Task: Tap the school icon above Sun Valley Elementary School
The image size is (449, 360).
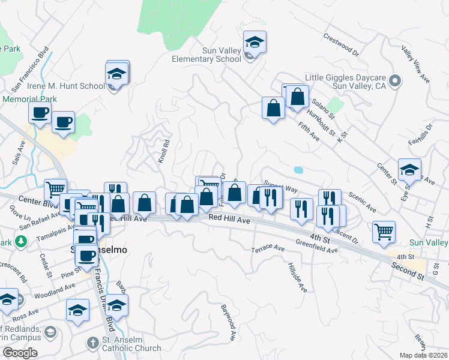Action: coord(255,43)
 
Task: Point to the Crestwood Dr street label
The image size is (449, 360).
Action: coord(341,44)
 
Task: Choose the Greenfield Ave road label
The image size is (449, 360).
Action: coord(316,245)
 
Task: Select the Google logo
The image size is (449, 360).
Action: coord(20,353)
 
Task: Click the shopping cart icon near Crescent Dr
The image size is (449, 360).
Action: coord(384,231)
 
